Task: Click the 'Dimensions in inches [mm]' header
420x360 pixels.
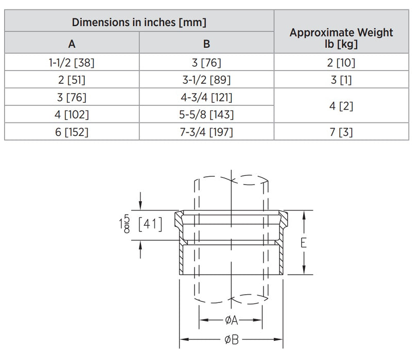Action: [x=139, y=23]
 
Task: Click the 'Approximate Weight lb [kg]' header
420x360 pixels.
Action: [x=341, y=38]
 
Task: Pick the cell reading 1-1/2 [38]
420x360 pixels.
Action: [x=72, y=63]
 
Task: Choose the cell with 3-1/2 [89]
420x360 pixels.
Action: [x=206, y=80]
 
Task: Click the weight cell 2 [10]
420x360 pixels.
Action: [x=341, y=63]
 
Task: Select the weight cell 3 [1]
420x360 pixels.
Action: [x=341, y=80]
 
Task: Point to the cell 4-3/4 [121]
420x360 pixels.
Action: [x=206, y=97]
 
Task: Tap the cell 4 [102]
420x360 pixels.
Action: [x=72, y=114]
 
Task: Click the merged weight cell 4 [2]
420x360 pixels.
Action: [x=341, y=106]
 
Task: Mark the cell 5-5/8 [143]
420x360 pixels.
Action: [x=206, y=114]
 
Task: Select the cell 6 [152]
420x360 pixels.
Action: [x=72, y=132]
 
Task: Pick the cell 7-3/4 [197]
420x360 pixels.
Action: [x=206, y=132]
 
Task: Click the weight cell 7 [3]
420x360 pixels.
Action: [x=341, y=132]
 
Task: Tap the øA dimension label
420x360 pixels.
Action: [x=231, y=320]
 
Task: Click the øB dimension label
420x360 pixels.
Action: [x=231, y=340]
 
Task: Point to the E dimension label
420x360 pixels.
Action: [x=304, y=243]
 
